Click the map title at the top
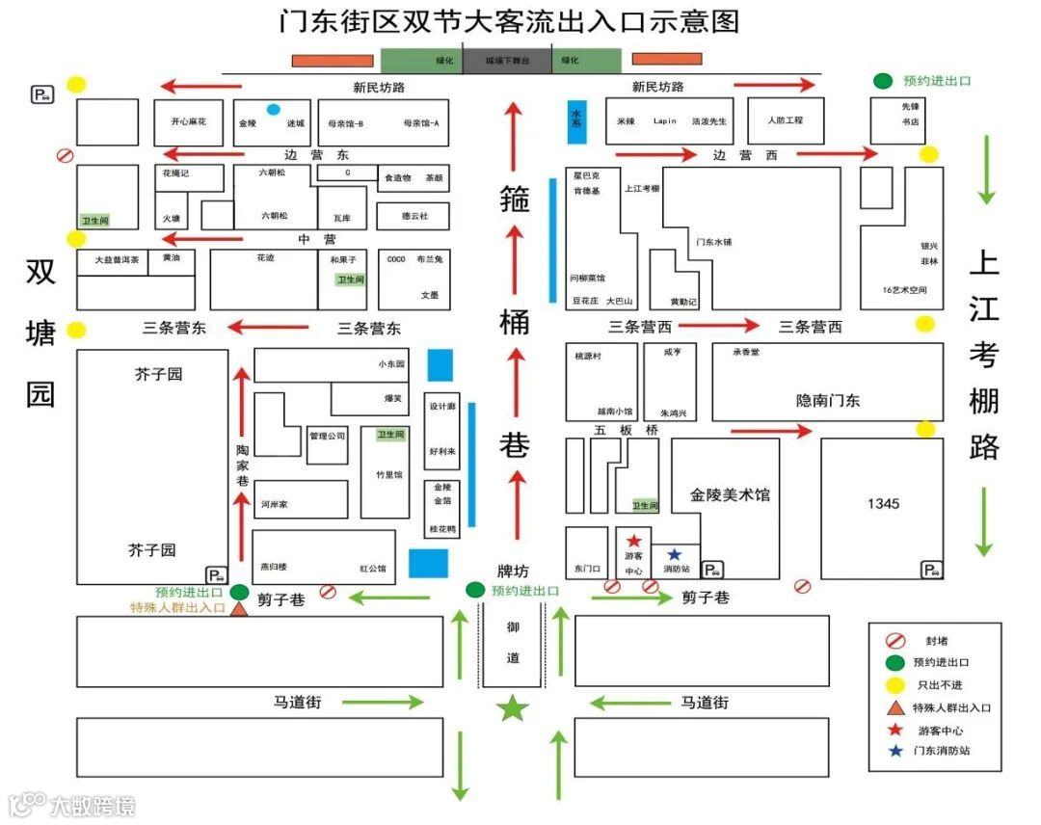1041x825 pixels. coord(509,21)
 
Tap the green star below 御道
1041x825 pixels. coord(513,708)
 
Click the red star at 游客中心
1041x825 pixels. coord(634,541)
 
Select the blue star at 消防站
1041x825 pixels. coord(674,553)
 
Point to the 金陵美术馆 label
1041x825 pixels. coord(730,495)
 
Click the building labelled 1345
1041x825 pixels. coord(882,504)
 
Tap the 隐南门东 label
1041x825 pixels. coord(827,400)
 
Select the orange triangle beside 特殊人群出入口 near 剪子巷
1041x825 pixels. coord(239,608)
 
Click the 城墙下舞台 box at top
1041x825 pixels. coord(507,60)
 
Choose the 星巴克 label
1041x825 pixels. coord(586,176)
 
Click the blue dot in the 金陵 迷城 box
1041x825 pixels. coord(274,109)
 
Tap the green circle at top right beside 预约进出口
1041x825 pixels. coord(882,82)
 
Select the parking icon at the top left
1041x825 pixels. coord(43,93)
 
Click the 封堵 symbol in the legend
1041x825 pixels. coord(894,640)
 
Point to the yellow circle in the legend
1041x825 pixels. coord(894,684)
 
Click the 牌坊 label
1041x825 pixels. coord(513,571)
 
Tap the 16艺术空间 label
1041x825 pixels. coord(903,290)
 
